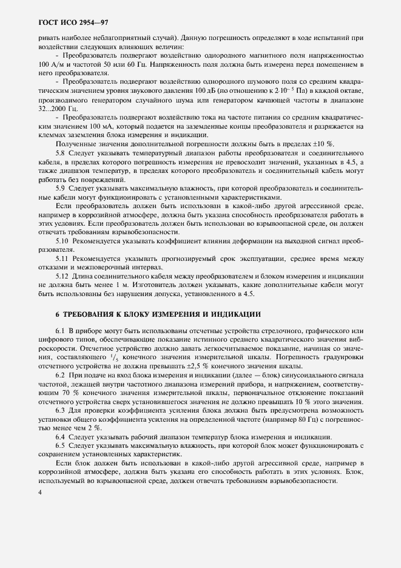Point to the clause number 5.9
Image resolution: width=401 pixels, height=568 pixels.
click(60, 188)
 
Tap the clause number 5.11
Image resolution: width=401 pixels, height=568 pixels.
click(62, 259)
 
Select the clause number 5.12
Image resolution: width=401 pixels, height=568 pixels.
click(62, 277)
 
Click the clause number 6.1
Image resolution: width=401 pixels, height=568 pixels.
click(60, 330)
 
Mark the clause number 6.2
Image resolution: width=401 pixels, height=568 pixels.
click(60, 374)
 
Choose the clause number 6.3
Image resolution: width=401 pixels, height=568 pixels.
click(60, 410)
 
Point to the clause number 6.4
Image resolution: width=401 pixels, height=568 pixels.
click(60, 436)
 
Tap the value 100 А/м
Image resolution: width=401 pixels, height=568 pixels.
click(51, 64)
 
